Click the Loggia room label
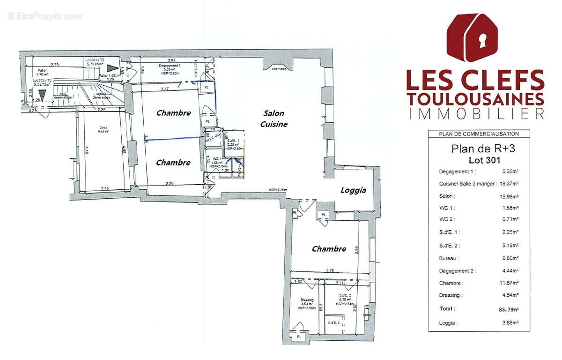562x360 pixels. pos(353,191)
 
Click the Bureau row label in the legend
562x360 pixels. pos(449,258)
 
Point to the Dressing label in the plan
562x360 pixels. pos(307,300)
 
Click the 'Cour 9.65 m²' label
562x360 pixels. pos(103,129)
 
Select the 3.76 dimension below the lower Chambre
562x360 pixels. pos(330,270)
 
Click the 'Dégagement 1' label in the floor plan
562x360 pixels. pos(168,66)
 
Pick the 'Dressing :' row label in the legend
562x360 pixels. pos(451,295)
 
